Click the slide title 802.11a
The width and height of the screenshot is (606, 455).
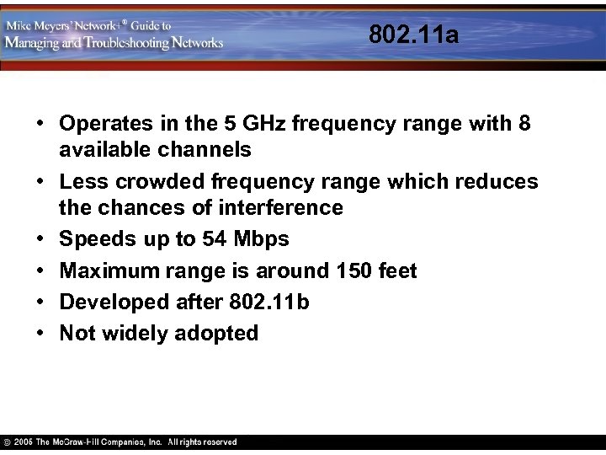click(x=414, y=35)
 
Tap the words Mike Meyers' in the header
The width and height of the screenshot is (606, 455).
click(x=42, y=25)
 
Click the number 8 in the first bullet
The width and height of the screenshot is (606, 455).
click(x=524, y=124)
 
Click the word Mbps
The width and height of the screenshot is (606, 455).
click(x=261, y=239)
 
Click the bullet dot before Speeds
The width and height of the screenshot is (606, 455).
click(x=40, y=239)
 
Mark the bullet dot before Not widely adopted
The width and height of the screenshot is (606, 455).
click(x=40, y=334)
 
